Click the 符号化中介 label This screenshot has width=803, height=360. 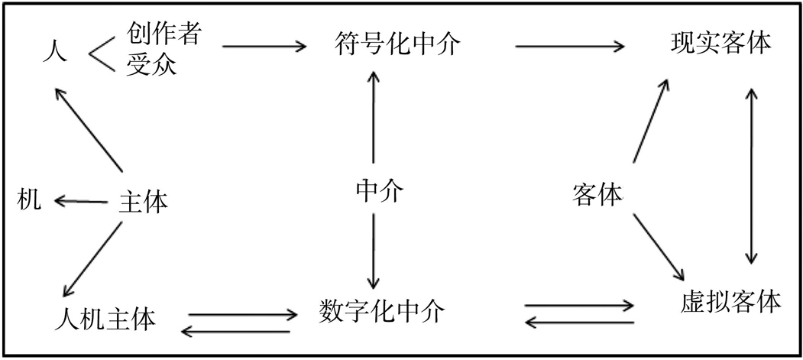pyautogui.click(x=397, y=44)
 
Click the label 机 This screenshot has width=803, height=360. pyautogui.click(x=28, y=201)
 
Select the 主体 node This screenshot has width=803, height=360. pyautogui.click(x=143, y=202)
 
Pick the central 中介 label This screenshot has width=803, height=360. pyautogui.click(x=378, y=190)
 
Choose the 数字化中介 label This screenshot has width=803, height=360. pyautogui.click(x=379, y=310)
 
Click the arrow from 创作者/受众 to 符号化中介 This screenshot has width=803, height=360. pyautogui.click(x=264, y=47)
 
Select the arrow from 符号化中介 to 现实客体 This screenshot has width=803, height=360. pyautogui.click(x=569, y=47)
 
